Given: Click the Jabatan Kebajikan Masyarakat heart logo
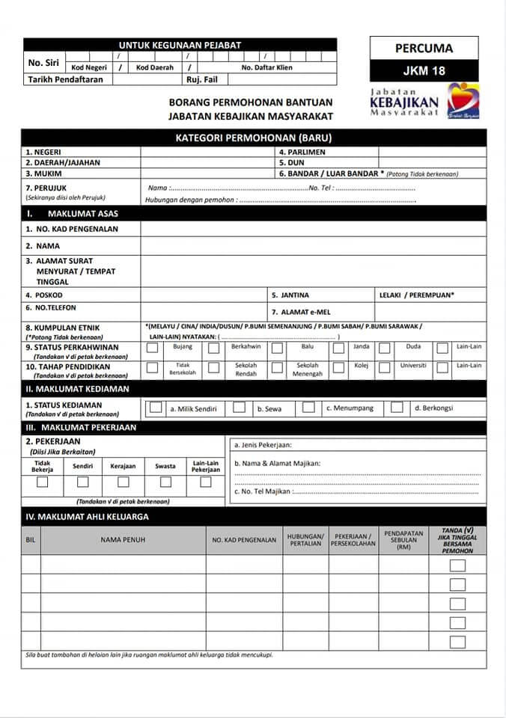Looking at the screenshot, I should pos(463,101).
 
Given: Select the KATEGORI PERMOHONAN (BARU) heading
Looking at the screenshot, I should pos(253,138).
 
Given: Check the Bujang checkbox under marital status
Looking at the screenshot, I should pos(153,348).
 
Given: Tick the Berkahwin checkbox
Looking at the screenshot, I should pos(214,348).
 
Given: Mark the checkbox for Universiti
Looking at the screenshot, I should pos(385,367).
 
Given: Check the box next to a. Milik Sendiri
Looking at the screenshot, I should pos(156,408).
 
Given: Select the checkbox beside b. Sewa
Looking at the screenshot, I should pos(239,408).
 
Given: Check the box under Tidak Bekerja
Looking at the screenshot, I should pos(43,482).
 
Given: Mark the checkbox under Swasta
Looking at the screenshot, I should pos(165,482).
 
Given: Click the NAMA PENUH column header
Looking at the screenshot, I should pos(123,539).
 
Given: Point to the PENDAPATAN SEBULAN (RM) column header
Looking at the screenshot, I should pos(403,539).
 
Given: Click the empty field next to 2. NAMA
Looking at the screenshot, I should pos(313,246).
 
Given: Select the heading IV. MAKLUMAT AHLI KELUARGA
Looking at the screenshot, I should pos(88,517).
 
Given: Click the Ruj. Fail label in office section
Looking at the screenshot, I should pos(202,79).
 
